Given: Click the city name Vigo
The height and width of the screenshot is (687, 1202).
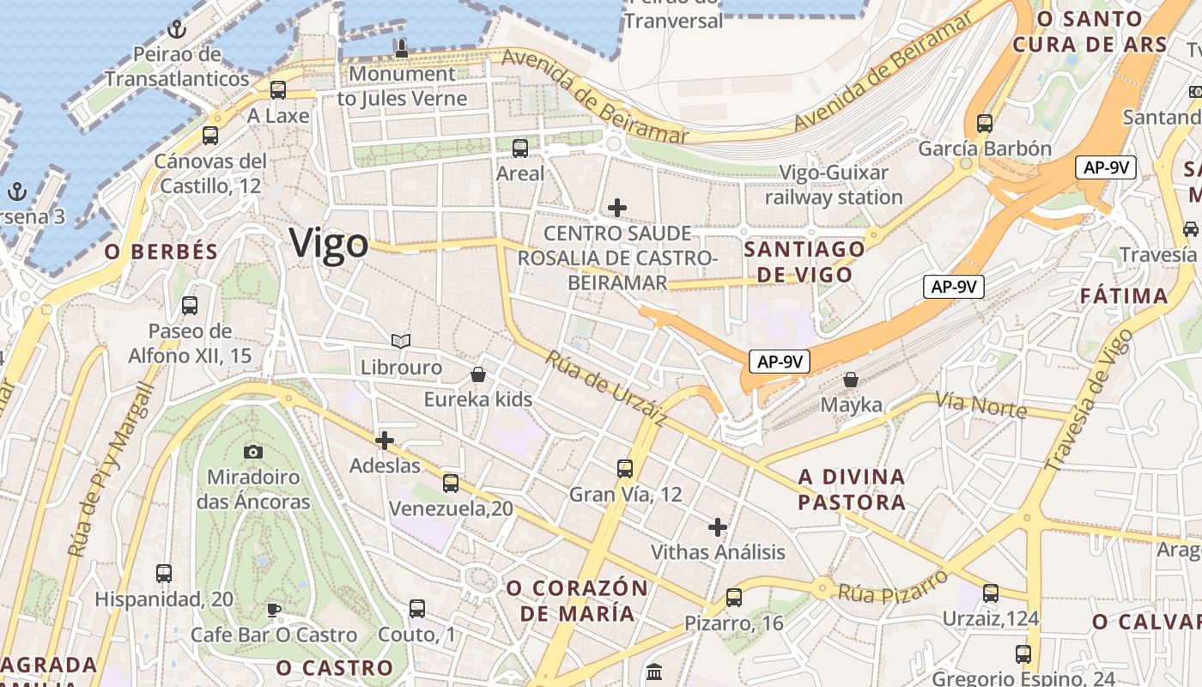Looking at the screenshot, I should coord(329,244).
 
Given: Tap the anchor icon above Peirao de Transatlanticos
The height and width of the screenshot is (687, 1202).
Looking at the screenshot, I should coord(177,30).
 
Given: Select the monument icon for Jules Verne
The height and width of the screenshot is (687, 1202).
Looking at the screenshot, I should coord(401,49).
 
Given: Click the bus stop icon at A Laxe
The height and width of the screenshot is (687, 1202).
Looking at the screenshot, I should coord(277,90).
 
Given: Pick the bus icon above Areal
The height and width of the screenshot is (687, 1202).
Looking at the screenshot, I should coord(520,149).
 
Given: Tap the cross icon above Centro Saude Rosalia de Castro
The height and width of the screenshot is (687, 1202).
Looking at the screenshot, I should coord(616,208).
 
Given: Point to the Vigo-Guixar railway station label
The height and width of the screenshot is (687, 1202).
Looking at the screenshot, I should coord(834,185).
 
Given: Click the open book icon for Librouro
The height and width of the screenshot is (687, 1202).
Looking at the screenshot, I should coord(400,342).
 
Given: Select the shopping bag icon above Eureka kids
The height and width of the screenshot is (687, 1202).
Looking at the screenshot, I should coord(478,374).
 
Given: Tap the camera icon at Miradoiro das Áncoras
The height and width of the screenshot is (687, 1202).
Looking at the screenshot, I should coord(252,452).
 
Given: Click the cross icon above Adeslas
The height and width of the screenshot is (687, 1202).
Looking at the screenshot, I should coord(385,441).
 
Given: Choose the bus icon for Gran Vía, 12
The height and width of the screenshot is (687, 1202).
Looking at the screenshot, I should coord(625,469).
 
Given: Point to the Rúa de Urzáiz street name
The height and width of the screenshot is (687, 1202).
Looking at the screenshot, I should coord(606,389).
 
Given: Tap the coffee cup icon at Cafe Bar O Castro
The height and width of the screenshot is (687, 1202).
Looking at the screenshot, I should coord(273,610).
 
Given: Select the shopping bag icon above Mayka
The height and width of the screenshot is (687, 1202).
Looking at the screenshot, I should coord(851,380).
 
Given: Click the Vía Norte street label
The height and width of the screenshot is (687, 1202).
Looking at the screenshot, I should coord(980,404).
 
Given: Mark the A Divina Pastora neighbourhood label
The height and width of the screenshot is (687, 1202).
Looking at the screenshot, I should coord(852,489).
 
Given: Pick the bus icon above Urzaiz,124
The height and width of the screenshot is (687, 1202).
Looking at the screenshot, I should coord(991,593).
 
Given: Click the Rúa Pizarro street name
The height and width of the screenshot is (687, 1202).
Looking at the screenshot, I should coord(893,586).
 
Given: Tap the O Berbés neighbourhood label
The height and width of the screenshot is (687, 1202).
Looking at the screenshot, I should coord(161,252).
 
